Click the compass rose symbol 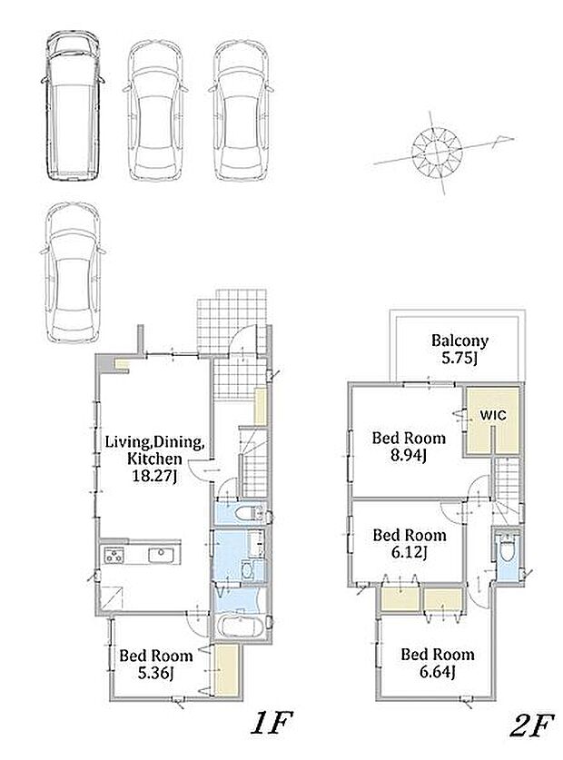coord(438,151)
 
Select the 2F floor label coord(531,725)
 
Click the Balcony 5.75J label coord(459,349)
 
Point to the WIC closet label coord(493,415)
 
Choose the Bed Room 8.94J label coord(409,447)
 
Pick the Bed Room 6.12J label coord(410,544)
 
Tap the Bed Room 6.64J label coord(437,663)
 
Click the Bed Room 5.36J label coord(155,664)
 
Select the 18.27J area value coord(154,477)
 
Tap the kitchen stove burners coord(114,555)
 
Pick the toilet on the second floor coord(506,548)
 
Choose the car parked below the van coord(73,273)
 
